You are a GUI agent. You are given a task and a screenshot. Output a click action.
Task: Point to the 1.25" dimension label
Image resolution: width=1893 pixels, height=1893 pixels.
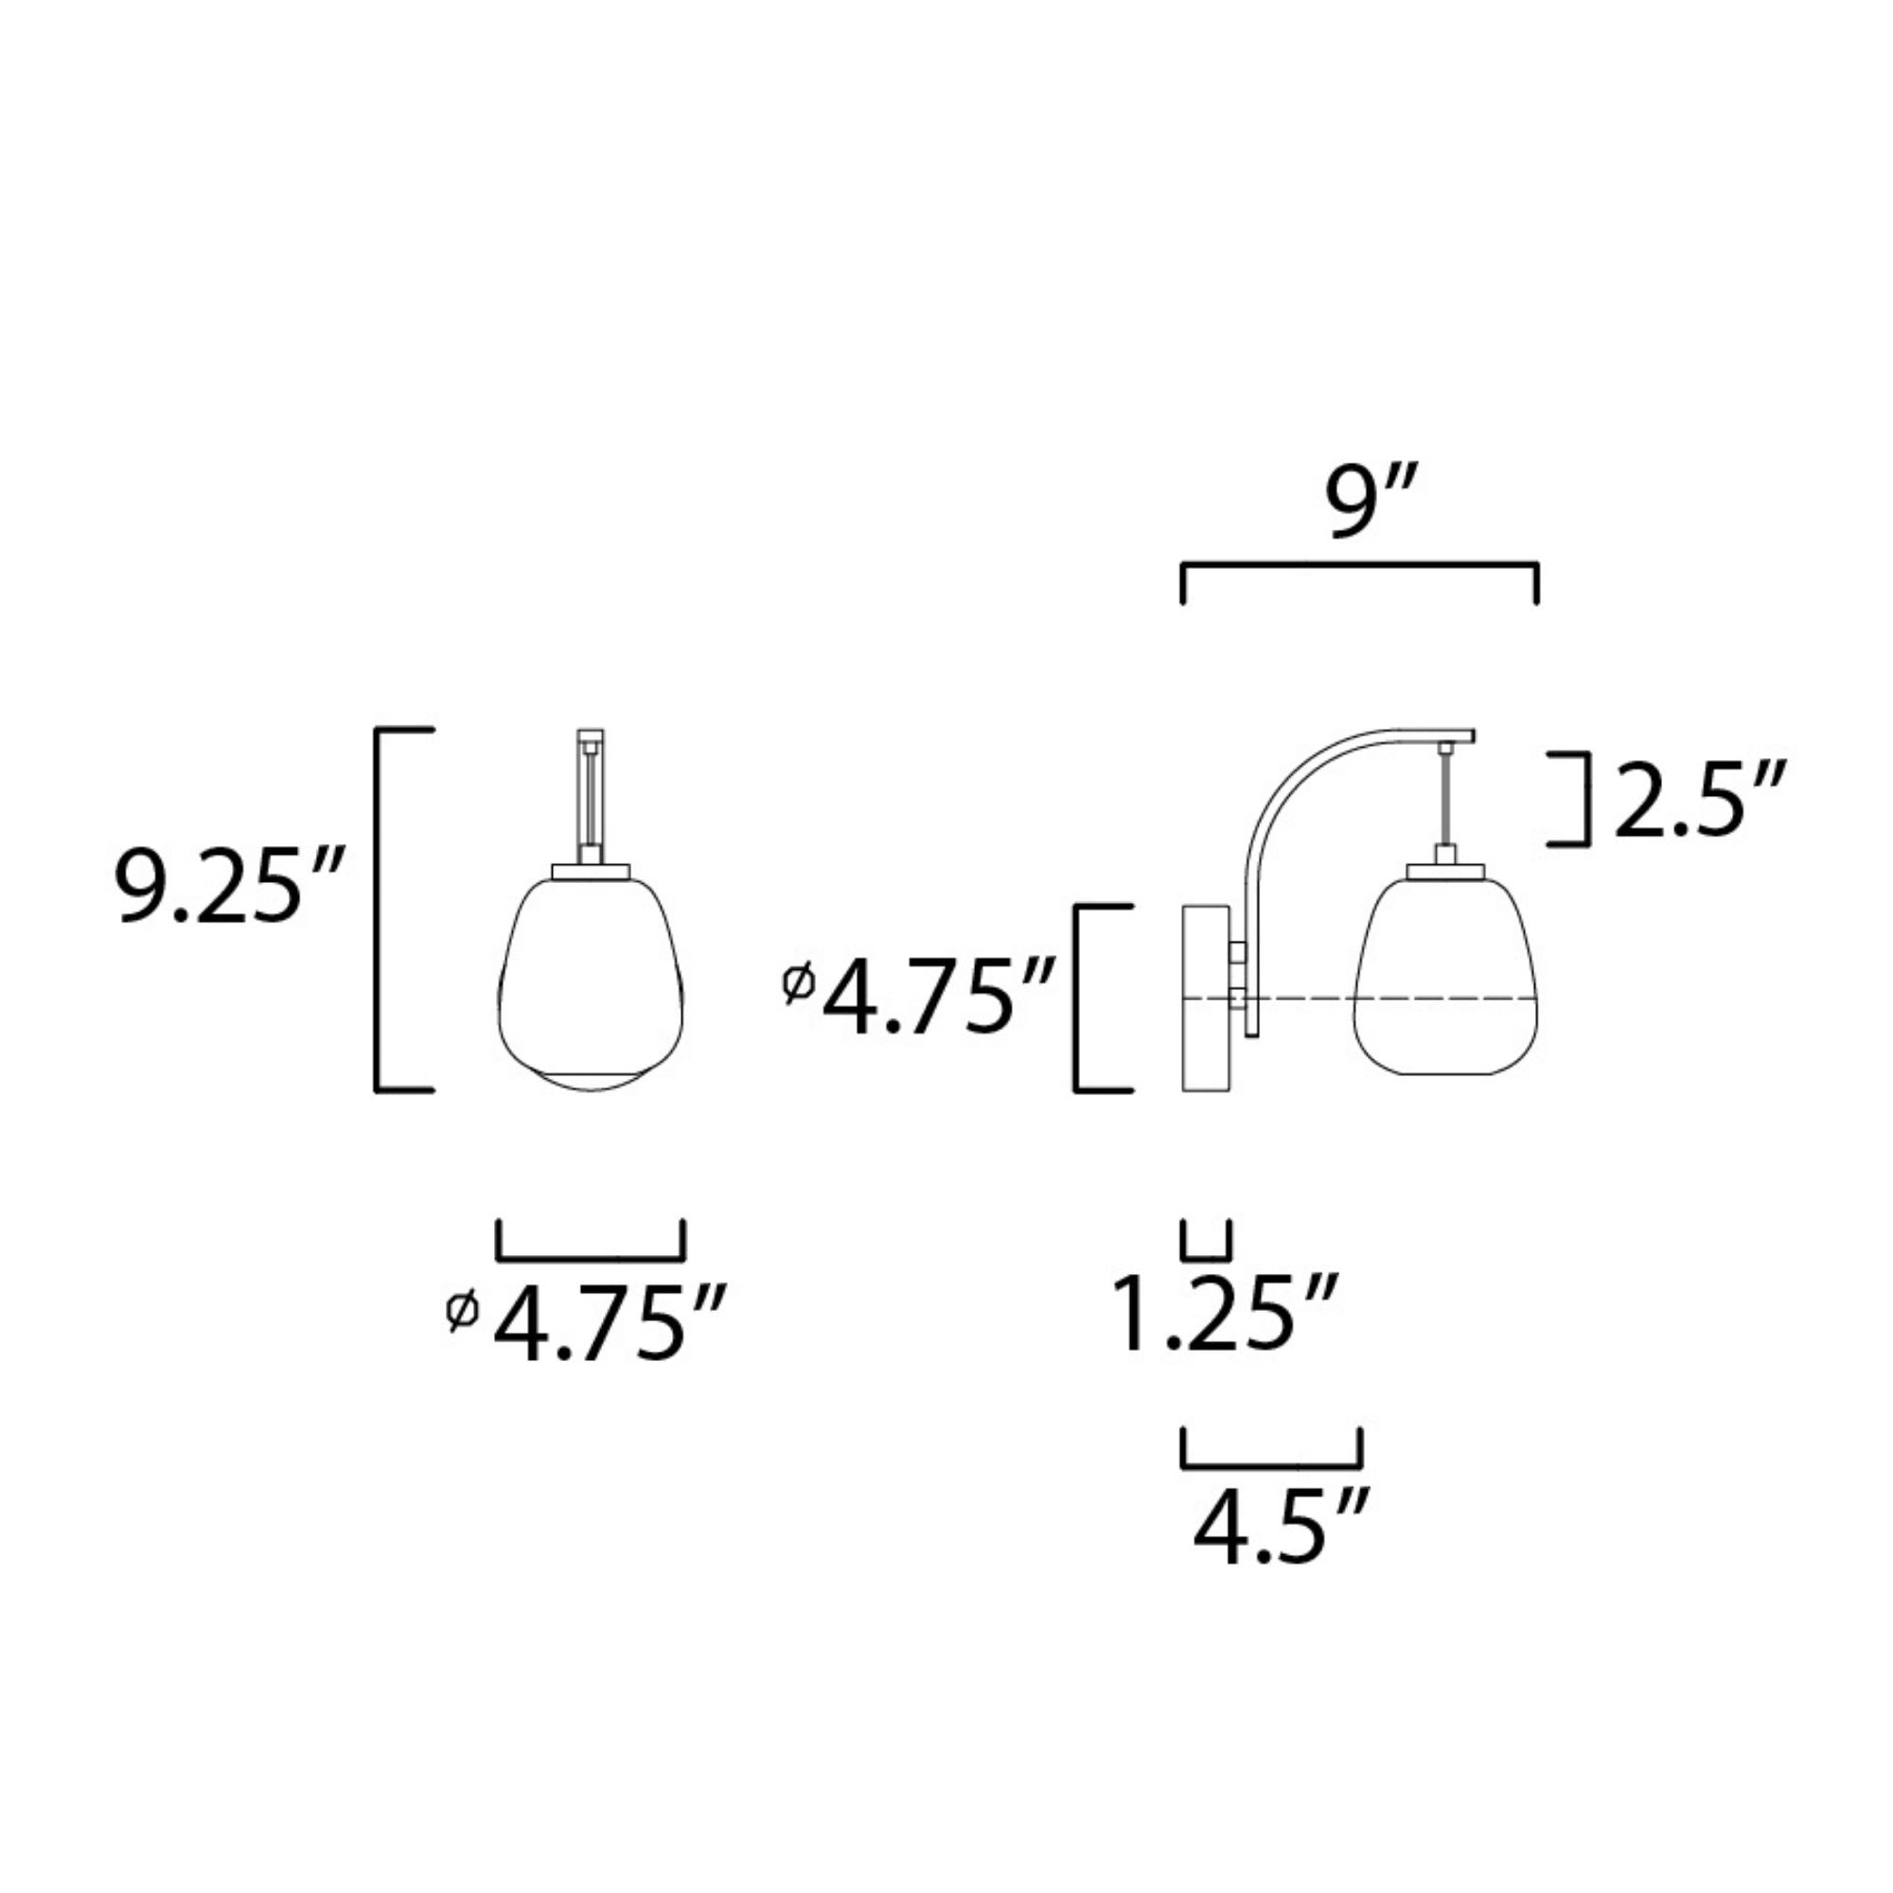coord(1226,1314)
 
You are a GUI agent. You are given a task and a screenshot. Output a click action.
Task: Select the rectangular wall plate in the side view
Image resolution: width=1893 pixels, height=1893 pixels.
coord(1207,998)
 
